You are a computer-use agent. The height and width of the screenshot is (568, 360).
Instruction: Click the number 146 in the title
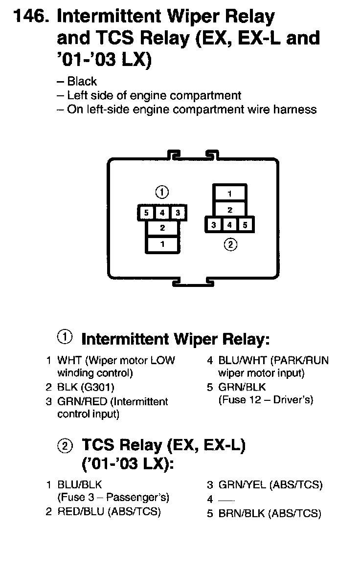click(x=30, y=17)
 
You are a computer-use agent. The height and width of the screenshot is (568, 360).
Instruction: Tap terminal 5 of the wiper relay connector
click(x=146, y=213)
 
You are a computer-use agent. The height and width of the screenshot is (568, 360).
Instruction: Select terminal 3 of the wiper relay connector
click(x=178, y=213)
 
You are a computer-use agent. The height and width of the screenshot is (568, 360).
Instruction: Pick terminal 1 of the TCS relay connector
click(x=229, y=194)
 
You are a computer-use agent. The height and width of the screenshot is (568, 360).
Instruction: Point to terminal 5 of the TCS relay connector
click(x=246, y=225)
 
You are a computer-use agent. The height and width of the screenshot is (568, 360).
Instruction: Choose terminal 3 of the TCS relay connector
click(x=214, y=225)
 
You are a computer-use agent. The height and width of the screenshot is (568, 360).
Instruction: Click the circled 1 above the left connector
click(x=162, y=192)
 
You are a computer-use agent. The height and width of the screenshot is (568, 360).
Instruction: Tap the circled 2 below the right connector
click(x=230, y=245)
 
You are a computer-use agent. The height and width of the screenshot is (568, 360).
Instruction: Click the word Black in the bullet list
click(x=82, y=82)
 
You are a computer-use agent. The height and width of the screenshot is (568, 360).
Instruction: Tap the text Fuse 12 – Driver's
click(x=266, y=400)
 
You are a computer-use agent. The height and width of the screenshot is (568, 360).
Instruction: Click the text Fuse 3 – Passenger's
click(x=113, y=498)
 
